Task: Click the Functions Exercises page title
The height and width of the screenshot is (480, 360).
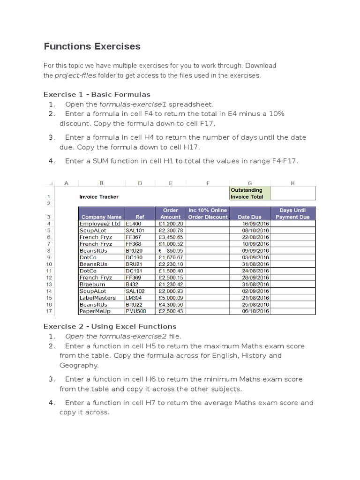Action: click(92, 46)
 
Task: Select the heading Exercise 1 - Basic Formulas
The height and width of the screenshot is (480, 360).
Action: click(97, 94)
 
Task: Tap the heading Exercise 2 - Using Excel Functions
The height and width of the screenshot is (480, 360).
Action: click(110, 326)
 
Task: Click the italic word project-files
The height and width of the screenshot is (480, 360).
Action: click(75, 75)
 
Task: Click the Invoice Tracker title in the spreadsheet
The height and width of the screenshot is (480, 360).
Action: click(99, 197)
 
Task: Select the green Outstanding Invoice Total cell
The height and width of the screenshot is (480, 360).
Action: click(249, 193)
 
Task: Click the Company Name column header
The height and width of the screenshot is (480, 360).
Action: click(101, 217)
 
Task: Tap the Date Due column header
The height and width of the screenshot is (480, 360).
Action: click(249, 217)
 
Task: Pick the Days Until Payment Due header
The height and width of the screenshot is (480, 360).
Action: click(292, 214)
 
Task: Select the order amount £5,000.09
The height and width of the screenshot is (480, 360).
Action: click(171, 298)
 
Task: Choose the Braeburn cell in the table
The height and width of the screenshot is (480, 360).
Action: click(92, 285)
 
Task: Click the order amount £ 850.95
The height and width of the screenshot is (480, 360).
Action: click(171, 251)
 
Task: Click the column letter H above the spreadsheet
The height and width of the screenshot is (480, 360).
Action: click(292, 183)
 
